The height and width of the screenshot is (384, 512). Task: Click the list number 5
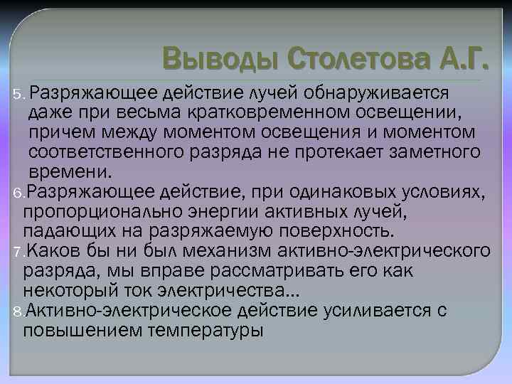point(18,93)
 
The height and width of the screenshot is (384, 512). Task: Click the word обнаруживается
point(377,92)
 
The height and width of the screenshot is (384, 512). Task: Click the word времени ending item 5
point(69,171)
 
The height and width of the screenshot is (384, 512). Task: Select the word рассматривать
point(215,270)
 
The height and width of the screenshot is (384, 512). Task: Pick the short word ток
point(142,290)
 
